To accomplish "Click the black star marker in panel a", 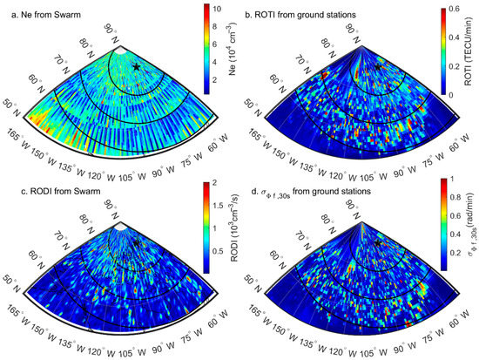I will coord(136,66).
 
